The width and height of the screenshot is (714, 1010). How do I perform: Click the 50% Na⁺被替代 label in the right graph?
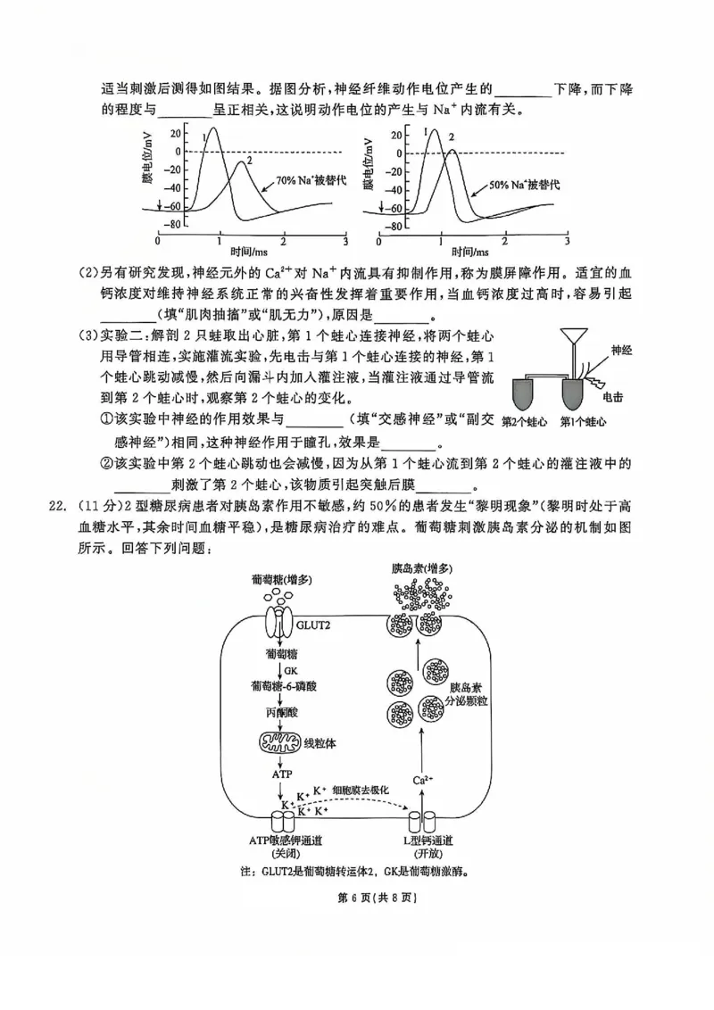pos(525,184)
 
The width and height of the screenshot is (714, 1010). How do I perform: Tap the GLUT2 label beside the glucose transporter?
pos(315,625)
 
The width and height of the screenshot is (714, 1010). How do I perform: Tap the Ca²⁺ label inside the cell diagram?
pos(423,781)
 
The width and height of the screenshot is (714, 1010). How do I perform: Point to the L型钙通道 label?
pos(428,840)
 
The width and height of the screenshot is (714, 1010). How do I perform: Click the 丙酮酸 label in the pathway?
pos(282,713)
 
